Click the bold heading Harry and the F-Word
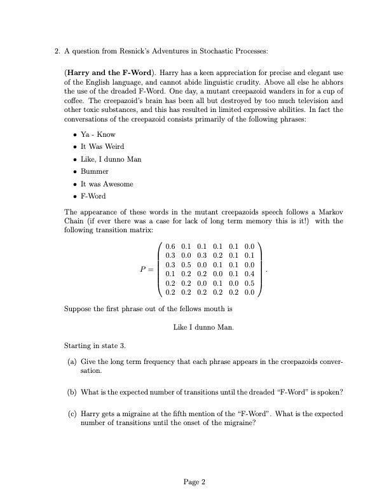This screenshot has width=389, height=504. (110, 73)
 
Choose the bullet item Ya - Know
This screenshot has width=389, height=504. (98, 134)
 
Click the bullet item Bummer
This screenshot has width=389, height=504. (94, 171)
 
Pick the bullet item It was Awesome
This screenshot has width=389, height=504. (107, 184)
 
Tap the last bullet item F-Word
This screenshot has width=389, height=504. (93, 196)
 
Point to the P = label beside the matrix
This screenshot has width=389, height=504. (147, 270)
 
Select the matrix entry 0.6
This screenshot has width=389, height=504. (170, 246)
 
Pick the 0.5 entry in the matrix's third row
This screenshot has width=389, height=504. (186, 265)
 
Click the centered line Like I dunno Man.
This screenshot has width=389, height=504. (203, 327)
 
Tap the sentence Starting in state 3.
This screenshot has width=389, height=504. (95, 346)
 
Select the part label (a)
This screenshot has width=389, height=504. (72, 361)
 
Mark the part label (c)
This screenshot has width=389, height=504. (72, 414)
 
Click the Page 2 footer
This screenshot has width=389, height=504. (194, 482)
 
